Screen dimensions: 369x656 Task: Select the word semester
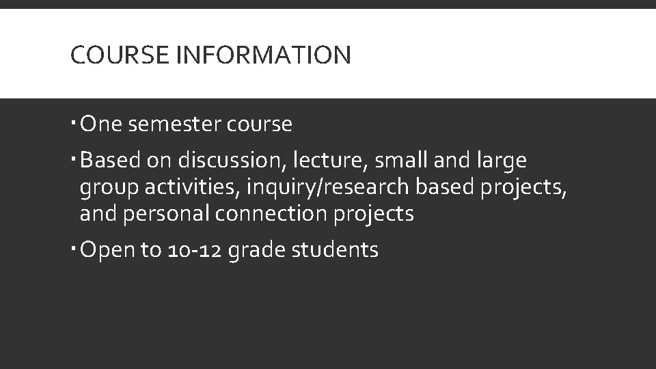point(166,124)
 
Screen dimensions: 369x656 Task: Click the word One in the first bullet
point(100,124)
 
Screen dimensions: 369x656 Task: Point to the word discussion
point(232,161)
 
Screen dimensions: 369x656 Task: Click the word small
point(407,161)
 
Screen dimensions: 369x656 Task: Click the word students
point(335,250)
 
